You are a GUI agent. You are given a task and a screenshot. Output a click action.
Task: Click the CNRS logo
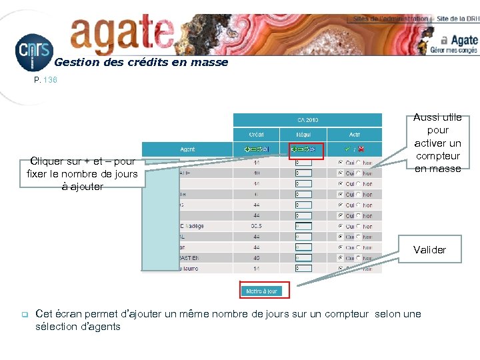tap(33, 52)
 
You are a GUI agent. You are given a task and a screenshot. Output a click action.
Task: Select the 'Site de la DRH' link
tap(457, 19)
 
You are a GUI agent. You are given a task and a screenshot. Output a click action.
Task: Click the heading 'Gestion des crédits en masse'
tap(141, 63)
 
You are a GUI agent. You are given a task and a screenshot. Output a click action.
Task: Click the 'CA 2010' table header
tap(307, 120)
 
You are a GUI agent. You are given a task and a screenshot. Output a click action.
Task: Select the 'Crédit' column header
tap(256, 135)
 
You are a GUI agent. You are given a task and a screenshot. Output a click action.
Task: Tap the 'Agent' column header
tap(187, 150)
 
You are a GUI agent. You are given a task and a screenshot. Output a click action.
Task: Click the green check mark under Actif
tap(347, 150)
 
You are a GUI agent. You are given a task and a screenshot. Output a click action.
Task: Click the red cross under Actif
tap(361, 150)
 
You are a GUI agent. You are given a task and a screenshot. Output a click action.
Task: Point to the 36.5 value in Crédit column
tap(256, 227)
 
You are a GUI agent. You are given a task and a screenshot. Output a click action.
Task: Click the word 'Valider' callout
tap(429, 250)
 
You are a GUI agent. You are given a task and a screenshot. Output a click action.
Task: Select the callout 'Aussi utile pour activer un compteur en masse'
tap(437, 143)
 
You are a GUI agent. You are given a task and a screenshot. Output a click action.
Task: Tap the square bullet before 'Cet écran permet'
tap(23, 314)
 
